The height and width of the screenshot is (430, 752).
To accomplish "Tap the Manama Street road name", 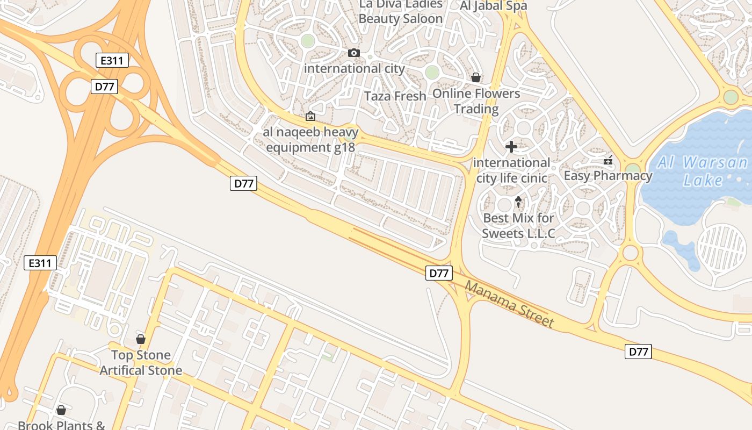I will pyautogui.click(x=509, y=304).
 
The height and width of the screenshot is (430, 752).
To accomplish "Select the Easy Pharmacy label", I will pyautogui.click(x=608, y=176).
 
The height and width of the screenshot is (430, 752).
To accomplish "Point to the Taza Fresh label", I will pyautogui.click(x=395, y=96).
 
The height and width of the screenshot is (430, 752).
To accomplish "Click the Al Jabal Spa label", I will pyautogui.click(x=494, y=6).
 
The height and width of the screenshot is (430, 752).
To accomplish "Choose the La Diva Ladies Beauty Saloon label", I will pyautogui.click(x=401, y=11).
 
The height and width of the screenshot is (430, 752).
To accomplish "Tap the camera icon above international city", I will pyautogui.click(x=354, y=53).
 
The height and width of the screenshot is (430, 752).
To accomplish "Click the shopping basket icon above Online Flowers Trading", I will pyautogui.click(x=475, y=77).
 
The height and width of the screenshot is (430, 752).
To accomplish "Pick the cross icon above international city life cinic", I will pyautogui.click(x=511, y=146).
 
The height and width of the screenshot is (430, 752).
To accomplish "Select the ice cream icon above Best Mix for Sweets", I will pyautogui.click(x=518, y=202).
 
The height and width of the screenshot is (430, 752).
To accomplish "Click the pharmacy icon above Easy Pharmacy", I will pyautogui.click(x=608, y=160).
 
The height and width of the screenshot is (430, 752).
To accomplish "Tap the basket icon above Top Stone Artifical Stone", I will pyautogui.click(x=141, y=339).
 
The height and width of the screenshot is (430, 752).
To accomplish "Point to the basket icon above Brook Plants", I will pyautogui.click(x=61, y=410).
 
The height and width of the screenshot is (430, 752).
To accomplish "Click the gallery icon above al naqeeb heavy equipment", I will pyautogui.click(x=310, y=116).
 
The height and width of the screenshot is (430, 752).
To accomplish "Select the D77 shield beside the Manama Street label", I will pyautogui.click(x=439, y=273).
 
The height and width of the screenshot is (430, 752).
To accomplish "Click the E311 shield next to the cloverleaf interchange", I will pyautogui.click(x=112, y=60).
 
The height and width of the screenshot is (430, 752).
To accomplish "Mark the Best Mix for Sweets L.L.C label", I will pyautogui.click(x=518, y=226).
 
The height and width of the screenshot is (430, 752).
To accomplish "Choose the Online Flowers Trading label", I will pyautogui.click(x=476, y=101).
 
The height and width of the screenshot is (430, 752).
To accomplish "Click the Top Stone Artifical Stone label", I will pyautogui.click(x=141, y=363).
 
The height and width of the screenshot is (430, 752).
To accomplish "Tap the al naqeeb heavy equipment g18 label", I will pyautogui.click(x=310, y=139).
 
